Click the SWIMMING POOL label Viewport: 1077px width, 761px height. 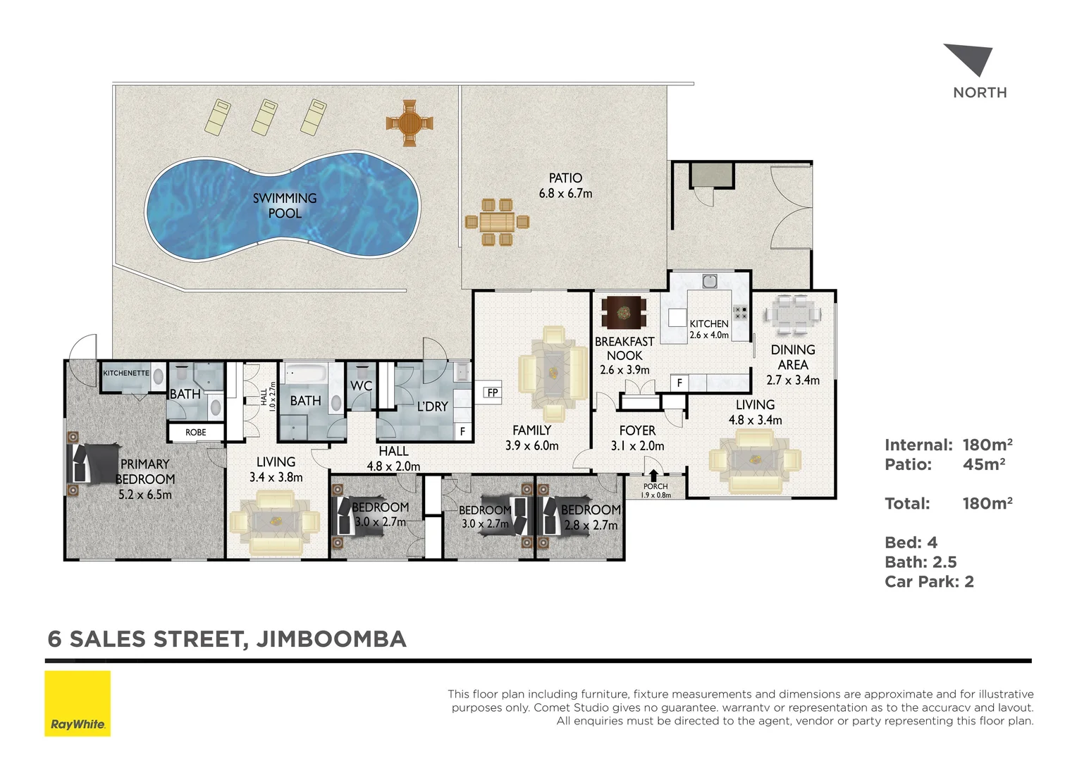(285, 206)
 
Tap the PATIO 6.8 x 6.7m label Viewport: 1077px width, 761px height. (565, 185)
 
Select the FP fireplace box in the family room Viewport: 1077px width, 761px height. (492, 392)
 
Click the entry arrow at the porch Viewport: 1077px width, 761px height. (653, 475)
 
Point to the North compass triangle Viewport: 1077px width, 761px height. (971, 59)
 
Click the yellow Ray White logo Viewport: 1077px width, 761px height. (78, 703)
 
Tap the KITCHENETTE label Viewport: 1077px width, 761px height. (126, 373)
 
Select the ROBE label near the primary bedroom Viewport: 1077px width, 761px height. (196, 432)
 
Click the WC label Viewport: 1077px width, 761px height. (361, 385)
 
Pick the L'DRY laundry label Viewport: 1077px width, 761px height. (432, 407)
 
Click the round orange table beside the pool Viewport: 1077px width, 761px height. (410, 123)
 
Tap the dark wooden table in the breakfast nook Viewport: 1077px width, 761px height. (624, 312)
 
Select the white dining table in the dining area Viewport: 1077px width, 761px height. (793, 314)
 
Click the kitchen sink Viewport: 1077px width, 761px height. (710, 281)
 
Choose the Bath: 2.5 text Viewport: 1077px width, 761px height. (921, 562)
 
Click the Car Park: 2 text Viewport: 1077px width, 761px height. (929, 581)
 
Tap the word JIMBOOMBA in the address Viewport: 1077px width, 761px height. (331, 639)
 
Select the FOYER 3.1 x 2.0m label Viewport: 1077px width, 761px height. (637, 438)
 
